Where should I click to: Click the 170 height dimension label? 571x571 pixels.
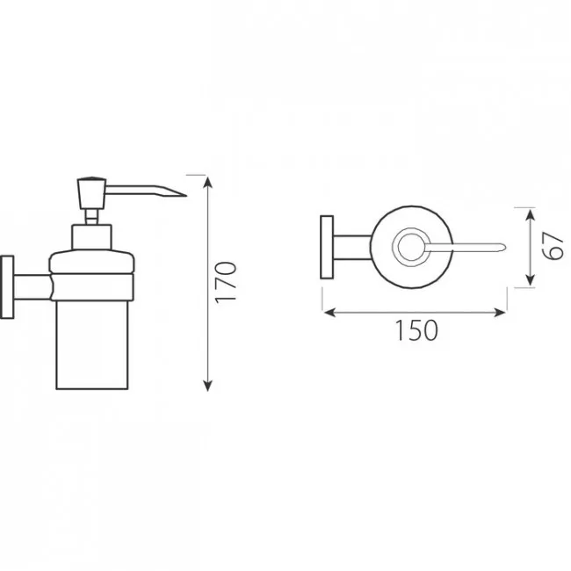pos(226,282)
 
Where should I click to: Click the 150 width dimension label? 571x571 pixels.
pos(416,330)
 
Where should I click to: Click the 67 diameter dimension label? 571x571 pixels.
pos(554,247)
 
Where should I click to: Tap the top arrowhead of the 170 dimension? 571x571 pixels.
pos(207,181)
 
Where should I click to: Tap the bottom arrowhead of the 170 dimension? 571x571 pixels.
pos(207,386)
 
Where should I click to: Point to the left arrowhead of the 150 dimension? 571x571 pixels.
pos(329,313)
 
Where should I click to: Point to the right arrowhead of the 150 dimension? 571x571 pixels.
pos(500,313)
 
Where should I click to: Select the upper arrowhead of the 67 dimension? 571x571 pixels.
pos(531,215)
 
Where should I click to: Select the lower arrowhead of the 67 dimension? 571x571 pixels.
pos(531,279)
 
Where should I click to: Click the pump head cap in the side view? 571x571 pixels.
pos(91,193)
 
